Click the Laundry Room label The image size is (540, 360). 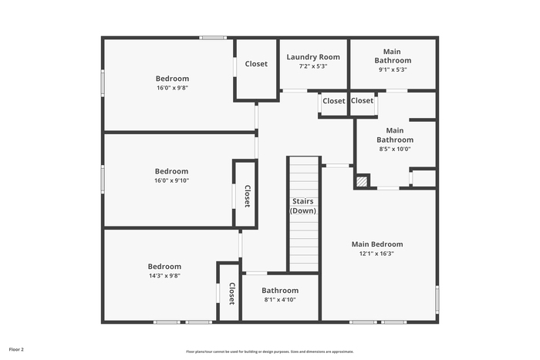[x=313, y=57]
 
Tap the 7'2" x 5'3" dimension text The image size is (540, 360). [x=313, y=66]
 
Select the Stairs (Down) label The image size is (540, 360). [x=303, y=206]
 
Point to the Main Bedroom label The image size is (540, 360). [x=377, y=244]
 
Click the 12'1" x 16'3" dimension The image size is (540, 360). [x=376, y=254]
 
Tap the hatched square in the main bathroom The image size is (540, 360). [x=362, y=181]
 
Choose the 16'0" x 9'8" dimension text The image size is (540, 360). [x=172, y=88]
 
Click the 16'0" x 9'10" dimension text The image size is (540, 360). [x=171, y=180]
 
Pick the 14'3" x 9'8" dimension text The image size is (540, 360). [x=164, y=276]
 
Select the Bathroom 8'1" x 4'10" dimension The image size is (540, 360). [x=280, y=300]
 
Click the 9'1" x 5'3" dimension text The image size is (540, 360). [x=393, y=69]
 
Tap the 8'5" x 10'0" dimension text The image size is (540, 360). [x=395, y=149]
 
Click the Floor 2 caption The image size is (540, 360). [x=16, y=349]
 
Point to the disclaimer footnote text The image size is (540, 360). [x=270, y=352]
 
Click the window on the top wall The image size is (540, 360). [x=213, y=38]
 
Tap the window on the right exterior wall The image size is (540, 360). [x=437, y=299]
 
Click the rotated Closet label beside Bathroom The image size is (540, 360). [x=232, y=294]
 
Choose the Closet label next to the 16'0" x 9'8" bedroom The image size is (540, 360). [x=256, y=64]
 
